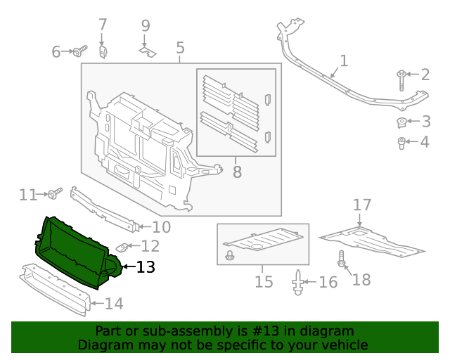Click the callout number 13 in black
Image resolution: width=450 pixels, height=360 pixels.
point(145,267)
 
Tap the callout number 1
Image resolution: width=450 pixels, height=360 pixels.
point(343,61)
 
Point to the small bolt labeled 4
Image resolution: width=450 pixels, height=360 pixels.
point(402,144)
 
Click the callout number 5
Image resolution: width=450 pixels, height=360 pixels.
point(180,48)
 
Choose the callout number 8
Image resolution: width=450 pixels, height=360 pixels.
point(236,171)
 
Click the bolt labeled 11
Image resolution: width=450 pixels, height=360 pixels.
point(55,192)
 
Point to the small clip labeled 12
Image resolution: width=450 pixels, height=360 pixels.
point(122,247)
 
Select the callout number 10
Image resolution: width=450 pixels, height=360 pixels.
point(161,226)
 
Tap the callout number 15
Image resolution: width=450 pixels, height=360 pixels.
point(263,282)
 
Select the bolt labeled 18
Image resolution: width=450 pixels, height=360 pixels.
point(342,260)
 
